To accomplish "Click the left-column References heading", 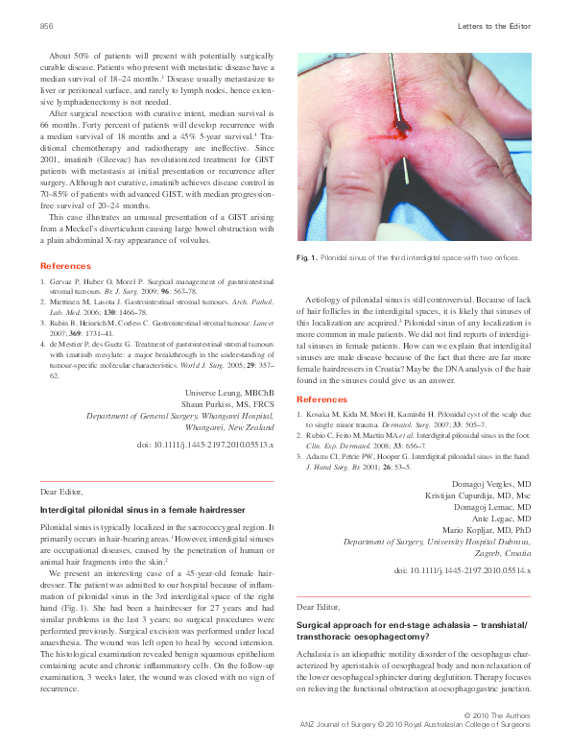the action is tap(66, 265).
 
